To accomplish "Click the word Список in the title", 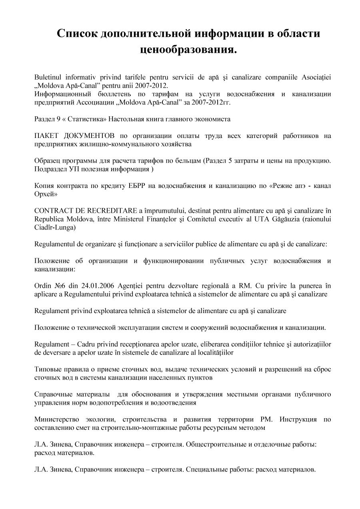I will coord(78,34).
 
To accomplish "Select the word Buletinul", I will coord(47,76).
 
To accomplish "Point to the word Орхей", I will coord(45,194).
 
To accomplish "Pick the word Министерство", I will coord(56,419).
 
